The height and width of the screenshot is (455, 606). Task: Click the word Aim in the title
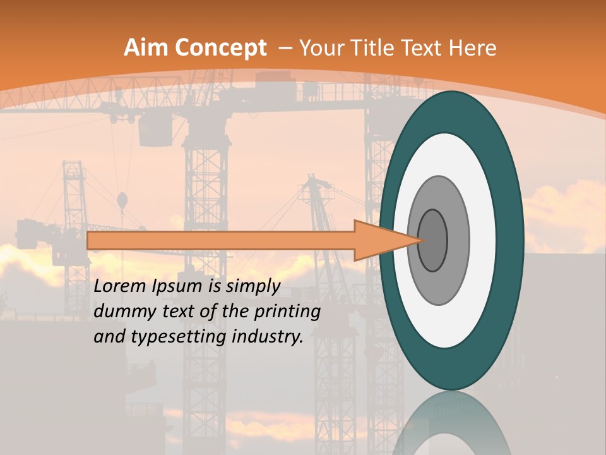146,47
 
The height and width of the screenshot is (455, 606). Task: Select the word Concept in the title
220,47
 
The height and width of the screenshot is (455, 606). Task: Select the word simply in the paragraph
252,287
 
